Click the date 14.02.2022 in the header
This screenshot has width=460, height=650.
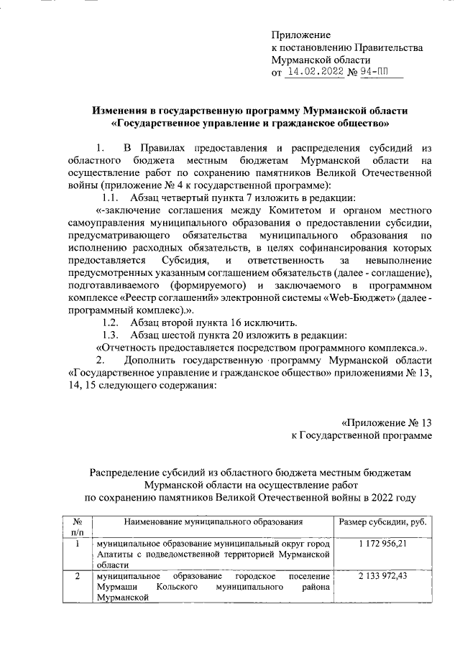[315, 72]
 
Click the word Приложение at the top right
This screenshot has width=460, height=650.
[300, 35]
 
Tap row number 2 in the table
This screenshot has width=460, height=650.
[77, 576]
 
